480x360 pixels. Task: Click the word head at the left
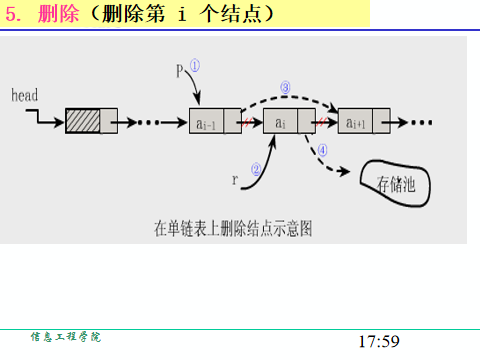click(24, 96)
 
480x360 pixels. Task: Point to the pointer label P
click(180, 71)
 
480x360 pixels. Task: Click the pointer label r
click(236, 180)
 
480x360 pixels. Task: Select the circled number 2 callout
click(257, 170)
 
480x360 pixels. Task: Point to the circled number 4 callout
click(322, 151)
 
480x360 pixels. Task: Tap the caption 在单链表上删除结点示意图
click(233, 227)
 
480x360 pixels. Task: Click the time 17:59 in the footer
click(378, 341)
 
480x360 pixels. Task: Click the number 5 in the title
click(12, 14)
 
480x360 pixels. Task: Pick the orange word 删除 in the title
click(56, 14)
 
